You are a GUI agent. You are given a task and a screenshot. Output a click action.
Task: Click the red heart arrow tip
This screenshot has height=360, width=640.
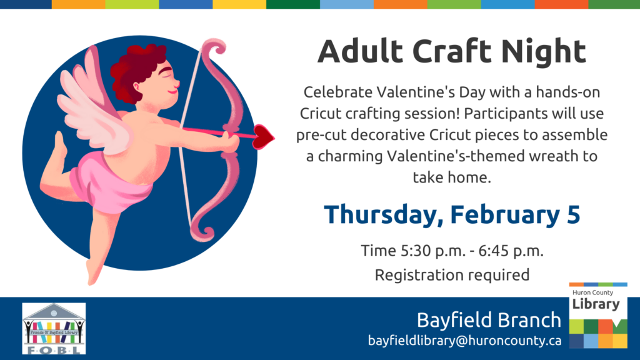tap(263, 137)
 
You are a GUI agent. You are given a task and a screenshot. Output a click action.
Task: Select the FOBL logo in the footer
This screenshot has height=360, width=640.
tap(54, 329)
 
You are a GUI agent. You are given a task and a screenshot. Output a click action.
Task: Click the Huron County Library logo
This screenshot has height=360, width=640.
tap(598, 316)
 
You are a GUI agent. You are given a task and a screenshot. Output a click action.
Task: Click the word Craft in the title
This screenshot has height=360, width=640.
tap(452, 51)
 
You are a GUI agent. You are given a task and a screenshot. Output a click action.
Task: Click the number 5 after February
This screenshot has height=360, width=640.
tap(573, 214)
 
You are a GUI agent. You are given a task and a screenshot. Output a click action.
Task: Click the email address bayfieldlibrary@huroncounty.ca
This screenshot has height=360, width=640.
tap(464, 341)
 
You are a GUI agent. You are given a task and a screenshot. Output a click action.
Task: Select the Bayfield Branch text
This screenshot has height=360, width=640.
tap(489, 320)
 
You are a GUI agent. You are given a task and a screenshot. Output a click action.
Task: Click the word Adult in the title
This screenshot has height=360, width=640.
tap(361, 51)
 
